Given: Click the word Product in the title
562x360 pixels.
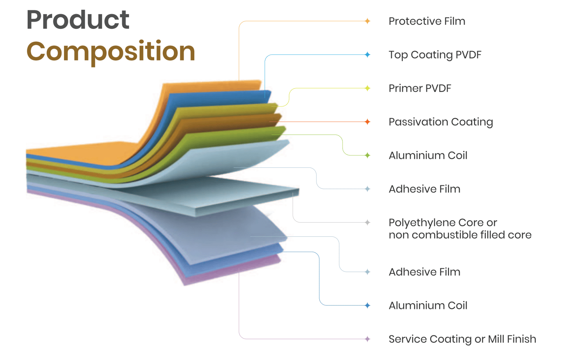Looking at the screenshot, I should tap(78, 20).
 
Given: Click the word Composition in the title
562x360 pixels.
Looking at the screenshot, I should tap(110, 51).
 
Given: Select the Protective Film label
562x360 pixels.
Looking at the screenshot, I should tap(427, 21).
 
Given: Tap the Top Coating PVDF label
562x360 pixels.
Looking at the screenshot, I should tap(435, 55).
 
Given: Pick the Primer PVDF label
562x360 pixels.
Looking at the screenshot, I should tap(420, 88).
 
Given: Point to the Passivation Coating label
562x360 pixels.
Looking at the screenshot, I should tap(441, 122).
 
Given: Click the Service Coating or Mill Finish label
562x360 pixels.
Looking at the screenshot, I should tap(462, 339).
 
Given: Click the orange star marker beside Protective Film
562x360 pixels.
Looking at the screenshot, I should tap(367, 21).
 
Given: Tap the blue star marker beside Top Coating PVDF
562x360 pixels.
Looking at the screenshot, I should tap(367, 55).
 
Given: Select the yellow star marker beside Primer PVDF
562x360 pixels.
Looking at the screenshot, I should tap(367, 88).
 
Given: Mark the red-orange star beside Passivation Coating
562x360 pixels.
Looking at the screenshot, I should tap(367, 122).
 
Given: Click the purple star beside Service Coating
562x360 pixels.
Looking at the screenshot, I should tap(367, 339).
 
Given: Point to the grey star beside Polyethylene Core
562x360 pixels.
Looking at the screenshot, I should tap(367, 222).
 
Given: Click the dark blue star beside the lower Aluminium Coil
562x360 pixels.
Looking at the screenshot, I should tap(367, 305).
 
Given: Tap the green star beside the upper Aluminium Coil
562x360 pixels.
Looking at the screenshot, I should tap(367, 155).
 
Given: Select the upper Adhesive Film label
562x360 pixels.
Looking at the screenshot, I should tap(424, 189).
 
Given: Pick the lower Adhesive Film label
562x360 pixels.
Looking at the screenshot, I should tap(424, 272).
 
